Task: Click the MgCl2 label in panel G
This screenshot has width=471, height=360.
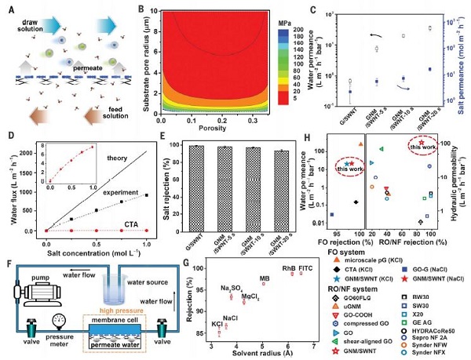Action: click(x=250, y=296)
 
